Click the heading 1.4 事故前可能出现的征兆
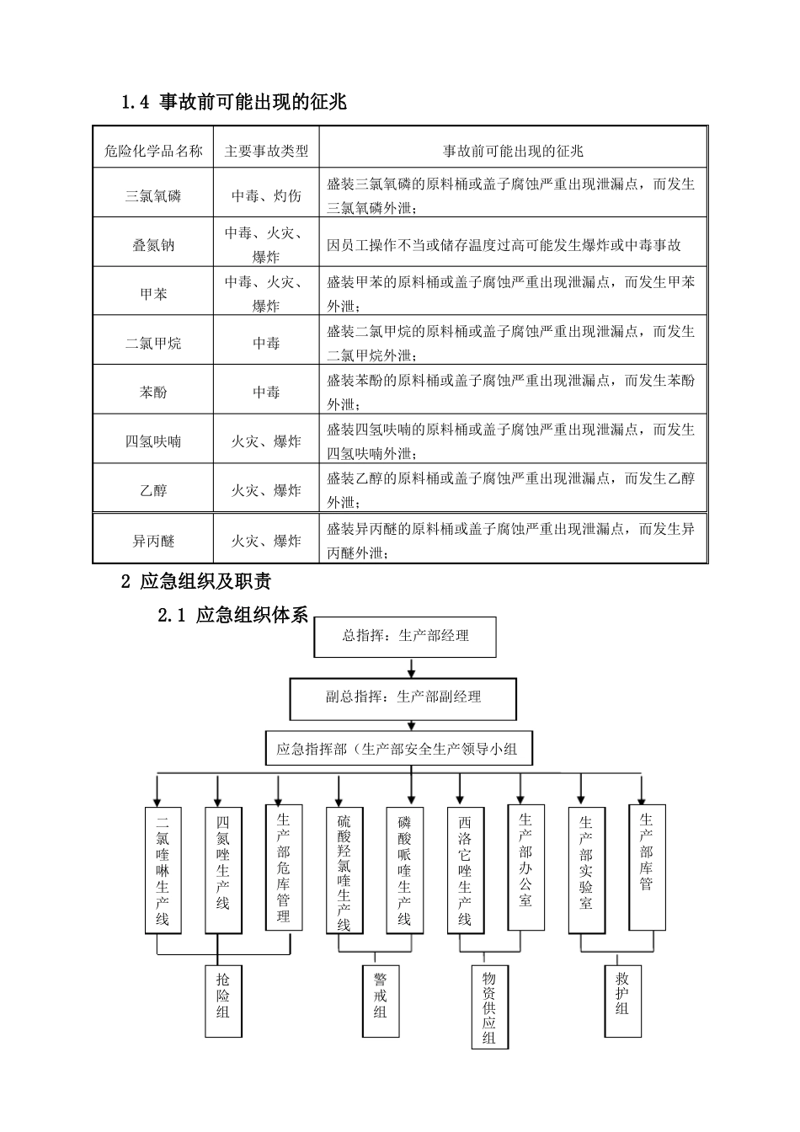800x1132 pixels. pos(234,103)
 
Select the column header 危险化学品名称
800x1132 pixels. pos(153,152)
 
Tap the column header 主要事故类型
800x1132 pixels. pos(266,152)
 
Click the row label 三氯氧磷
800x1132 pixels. pos(153,196)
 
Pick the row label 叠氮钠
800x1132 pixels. pos(153,245)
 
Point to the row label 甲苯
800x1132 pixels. pos(153,294)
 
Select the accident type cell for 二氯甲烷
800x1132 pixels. pos(266,343)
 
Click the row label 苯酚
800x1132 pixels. pos(153,392)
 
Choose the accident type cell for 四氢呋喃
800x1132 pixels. pos(266,441)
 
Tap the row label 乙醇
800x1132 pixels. pos(153,489)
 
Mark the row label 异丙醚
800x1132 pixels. pos(153,540)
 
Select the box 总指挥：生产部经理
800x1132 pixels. pos(405,637)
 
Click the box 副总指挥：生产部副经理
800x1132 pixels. pos(403,698)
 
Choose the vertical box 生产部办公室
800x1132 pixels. pos(525,867)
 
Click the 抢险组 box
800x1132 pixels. pos(222,1000)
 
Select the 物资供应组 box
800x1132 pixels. pos(489,1007)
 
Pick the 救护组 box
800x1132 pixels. pos(622,1000)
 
